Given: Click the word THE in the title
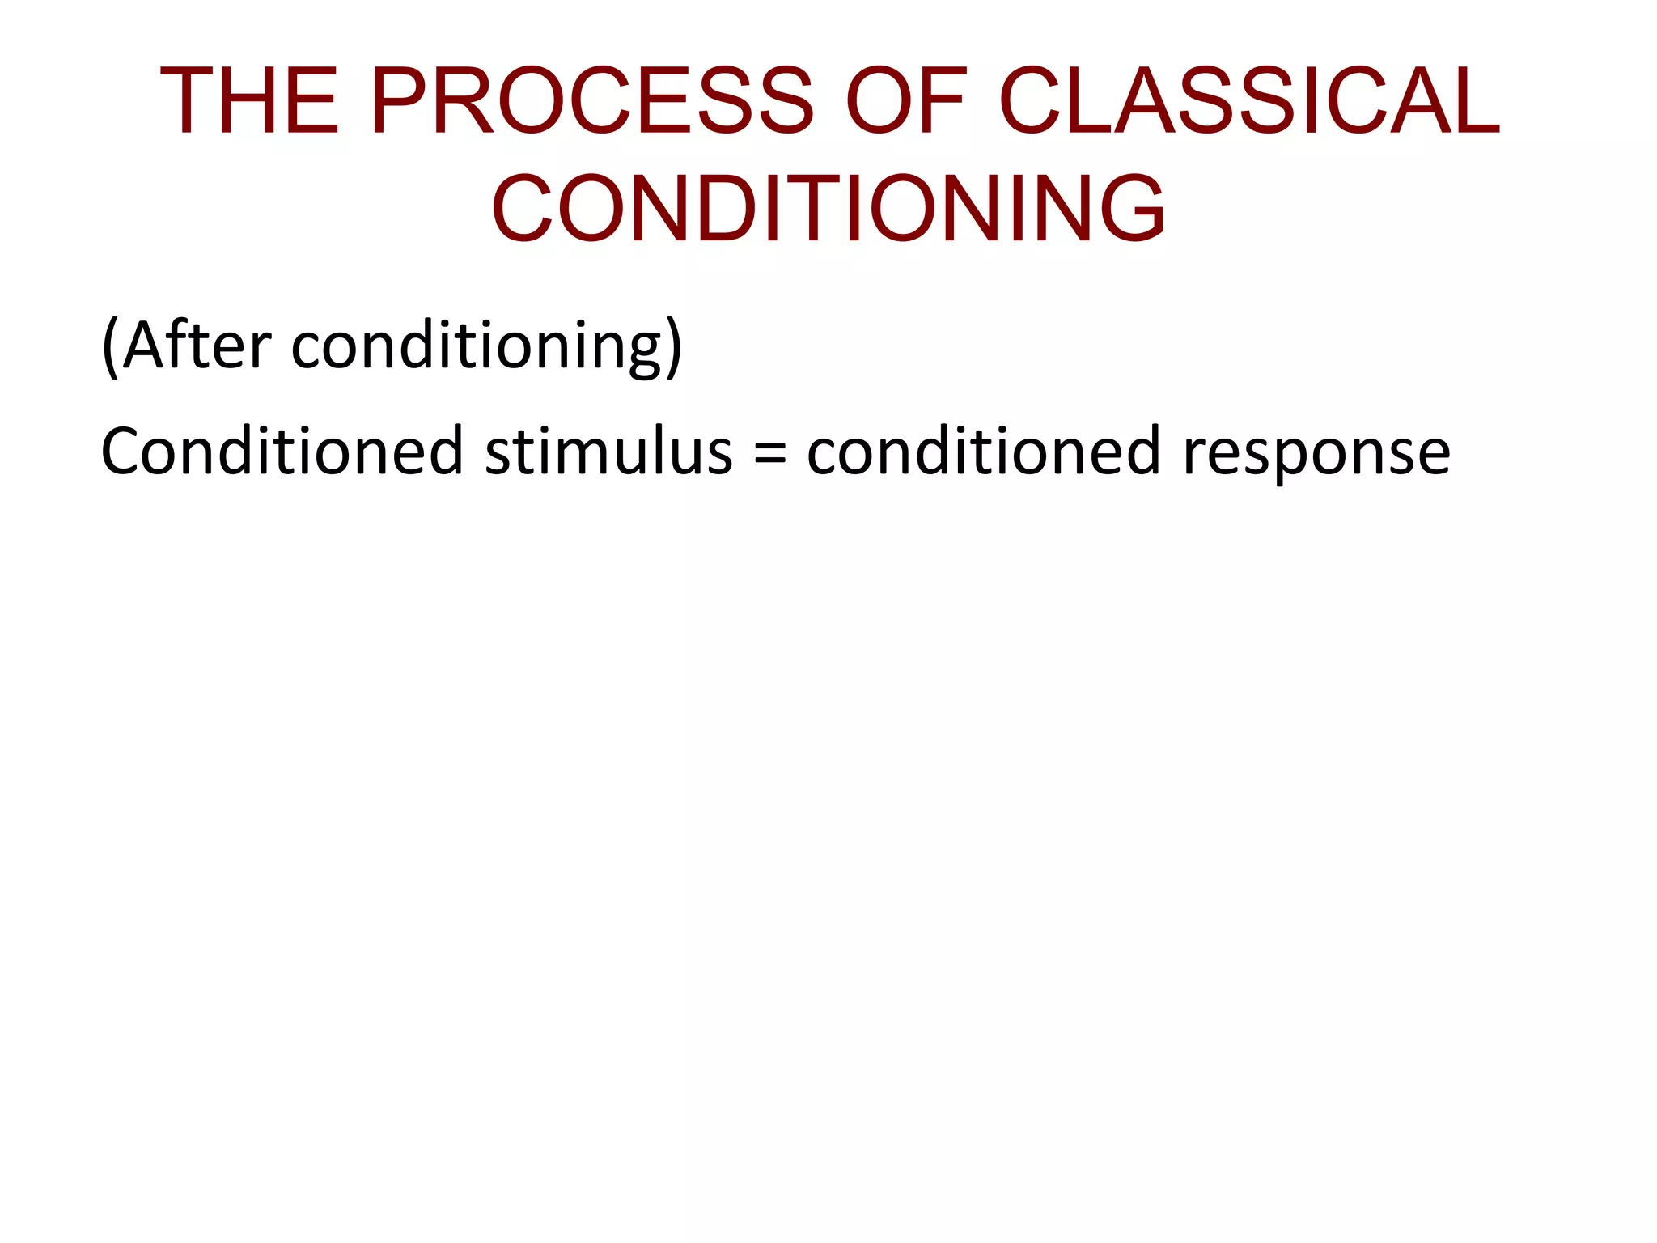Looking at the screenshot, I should [x=249, y=100].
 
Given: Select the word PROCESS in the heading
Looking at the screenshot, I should [x=591, y=100].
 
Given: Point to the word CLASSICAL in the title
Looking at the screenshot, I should [x=1250, y=100].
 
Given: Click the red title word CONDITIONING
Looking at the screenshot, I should [x=828, y=208].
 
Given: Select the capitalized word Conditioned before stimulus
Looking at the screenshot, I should [x=282, y=451].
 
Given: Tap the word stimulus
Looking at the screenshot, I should [x=608, y=451].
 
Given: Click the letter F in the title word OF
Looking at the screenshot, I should [x=941, y=100].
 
